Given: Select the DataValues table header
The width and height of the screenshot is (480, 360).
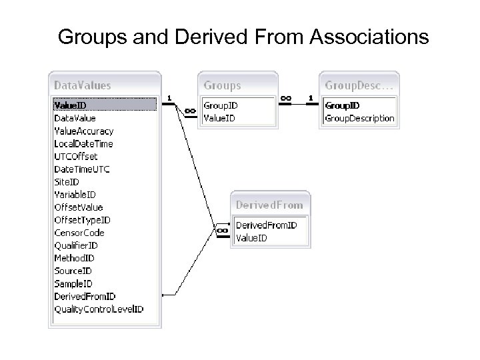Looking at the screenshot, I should [82, 85].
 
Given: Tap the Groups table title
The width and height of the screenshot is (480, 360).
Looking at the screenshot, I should [223, 85].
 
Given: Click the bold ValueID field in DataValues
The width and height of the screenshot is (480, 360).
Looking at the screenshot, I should [70, 105].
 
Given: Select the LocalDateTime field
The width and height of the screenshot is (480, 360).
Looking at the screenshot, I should [83, 143].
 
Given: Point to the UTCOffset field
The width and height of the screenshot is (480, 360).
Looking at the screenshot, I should [76, 156].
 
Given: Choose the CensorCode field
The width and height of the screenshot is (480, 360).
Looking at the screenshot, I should [79, 233].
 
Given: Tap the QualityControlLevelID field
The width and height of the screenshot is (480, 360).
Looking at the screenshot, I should [99, 309].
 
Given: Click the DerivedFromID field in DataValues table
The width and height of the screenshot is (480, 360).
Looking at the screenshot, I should [85, 296].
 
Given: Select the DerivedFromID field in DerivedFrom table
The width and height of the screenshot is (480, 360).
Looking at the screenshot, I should [267, 225].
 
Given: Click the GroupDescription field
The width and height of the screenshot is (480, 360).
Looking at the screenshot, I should [359, 118].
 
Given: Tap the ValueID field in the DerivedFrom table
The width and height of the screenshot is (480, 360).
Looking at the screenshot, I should [251, 238].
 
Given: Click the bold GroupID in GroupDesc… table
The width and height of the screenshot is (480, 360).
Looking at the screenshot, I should [342, 105].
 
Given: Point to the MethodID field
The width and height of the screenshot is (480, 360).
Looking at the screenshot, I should [74, 258].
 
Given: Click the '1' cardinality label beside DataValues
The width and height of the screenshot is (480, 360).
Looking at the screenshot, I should [169, 98].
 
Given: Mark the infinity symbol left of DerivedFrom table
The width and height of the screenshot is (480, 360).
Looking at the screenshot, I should [222, 231].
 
